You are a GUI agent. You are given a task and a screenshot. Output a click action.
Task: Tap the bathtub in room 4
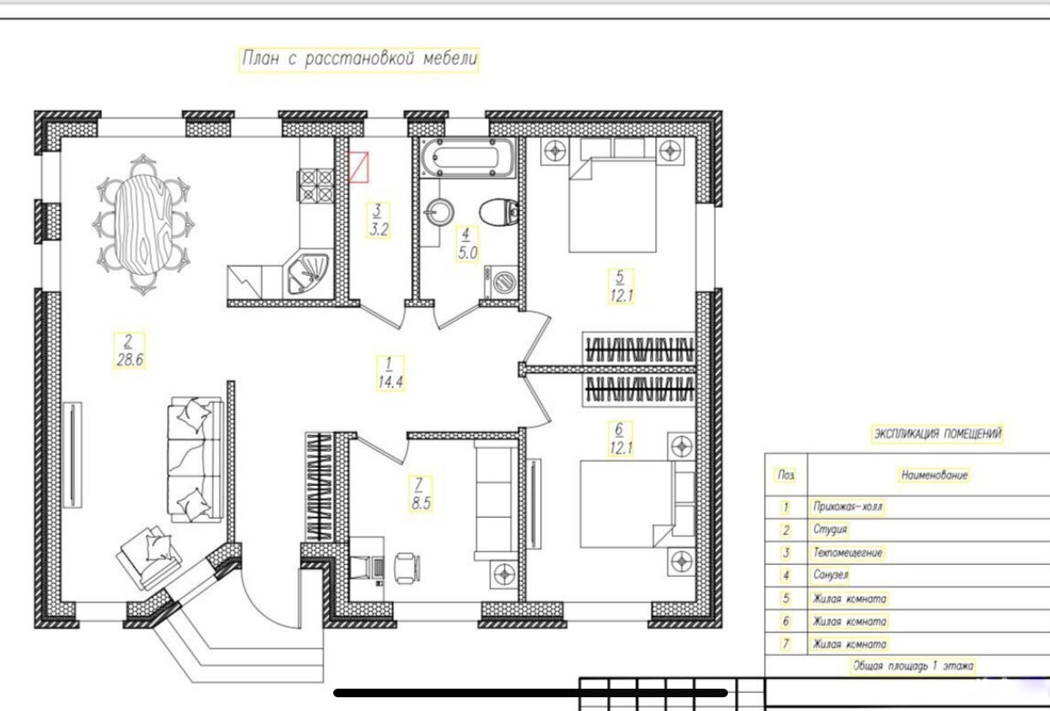[x=467, y=158]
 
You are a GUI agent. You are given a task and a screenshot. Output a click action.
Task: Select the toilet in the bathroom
[x=499, y=211]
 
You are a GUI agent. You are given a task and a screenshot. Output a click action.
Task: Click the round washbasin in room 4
[x=440, y=212]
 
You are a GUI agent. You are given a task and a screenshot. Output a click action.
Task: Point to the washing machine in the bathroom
[x=501, y=282]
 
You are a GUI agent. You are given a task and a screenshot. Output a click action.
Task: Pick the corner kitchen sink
[x=307, y=274]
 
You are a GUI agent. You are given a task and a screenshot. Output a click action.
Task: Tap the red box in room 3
[x=359, y=167]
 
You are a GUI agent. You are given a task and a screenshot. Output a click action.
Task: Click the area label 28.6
[x=130, y=360]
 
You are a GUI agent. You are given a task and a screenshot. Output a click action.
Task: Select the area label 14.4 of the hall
[x=391, y=382]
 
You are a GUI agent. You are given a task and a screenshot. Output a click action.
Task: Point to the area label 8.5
[x=421, y=503]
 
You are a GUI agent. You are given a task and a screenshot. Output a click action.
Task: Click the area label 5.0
[x=467, y=253]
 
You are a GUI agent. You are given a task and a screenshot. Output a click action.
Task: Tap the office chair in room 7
[x=406, y=568]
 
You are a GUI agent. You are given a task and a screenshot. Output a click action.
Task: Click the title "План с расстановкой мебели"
[x=360, y=59]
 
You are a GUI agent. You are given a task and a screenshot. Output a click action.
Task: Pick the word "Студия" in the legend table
[x=830, y=530]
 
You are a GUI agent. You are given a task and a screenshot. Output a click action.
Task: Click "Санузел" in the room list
[x=830, y=574]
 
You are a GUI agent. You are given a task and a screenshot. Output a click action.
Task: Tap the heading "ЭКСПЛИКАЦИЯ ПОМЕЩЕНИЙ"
[x=938, y=433]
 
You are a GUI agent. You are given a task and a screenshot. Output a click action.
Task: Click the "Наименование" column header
[x=934, y=475]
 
